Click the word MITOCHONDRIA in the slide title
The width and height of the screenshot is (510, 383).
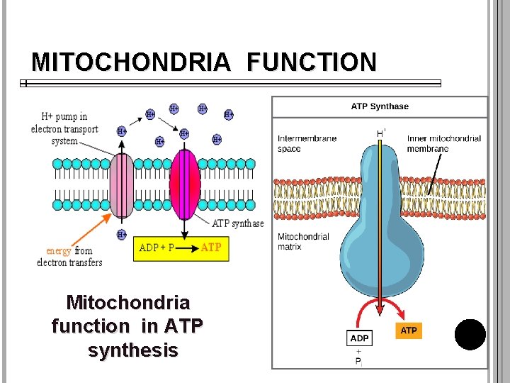point(131,62)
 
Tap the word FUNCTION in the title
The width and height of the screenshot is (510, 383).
point(312,62)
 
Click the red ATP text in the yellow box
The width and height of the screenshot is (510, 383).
point(211,248)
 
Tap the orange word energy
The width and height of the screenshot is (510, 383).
point(59,251)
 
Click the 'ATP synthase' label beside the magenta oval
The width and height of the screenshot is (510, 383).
point(238,223)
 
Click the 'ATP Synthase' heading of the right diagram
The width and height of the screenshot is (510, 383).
point(380,106)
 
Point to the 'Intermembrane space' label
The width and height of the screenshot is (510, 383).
point(307,143)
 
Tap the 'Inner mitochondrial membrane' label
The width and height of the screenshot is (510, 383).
point(443,143)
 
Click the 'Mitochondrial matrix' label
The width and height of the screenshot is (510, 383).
point(303,241)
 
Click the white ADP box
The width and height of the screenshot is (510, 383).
point(358,338)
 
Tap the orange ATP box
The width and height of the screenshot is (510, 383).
point(409,331)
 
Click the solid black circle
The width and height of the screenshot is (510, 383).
point(470,335)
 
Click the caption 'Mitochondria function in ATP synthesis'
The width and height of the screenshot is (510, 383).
point(128,326)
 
